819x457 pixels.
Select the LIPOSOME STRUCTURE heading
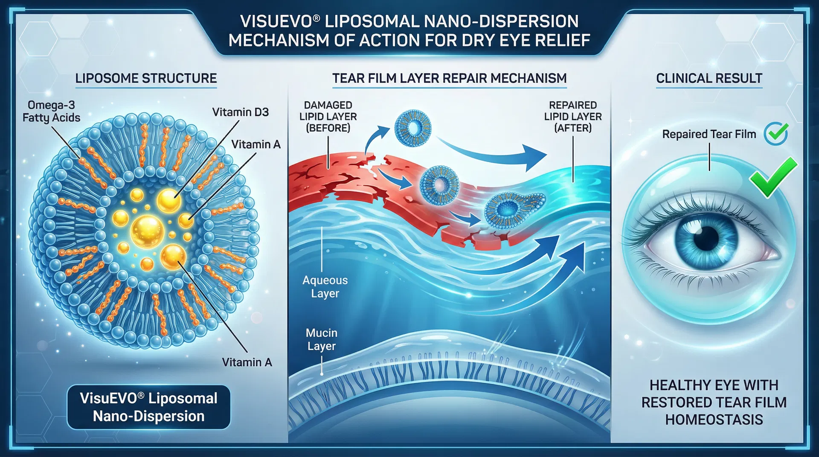point(146,78)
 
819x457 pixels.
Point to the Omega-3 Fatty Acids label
point(51,111)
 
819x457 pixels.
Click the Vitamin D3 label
point(241,112)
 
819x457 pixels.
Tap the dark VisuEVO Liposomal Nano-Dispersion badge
point(148,407)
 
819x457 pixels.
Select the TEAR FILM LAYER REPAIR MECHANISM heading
point(449,78)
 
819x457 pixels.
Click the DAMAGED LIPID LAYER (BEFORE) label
point(328,116)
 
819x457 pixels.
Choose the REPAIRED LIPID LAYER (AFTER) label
point(573,116)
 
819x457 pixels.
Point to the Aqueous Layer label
point(325,287)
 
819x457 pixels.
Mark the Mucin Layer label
point(322,339)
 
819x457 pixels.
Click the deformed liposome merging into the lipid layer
point(514,208)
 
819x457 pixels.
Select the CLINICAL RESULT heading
point(709,78)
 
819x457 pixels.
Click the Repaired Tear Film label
point(709,134)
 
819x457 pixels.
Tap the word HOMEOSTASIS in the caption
point(714,420)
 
